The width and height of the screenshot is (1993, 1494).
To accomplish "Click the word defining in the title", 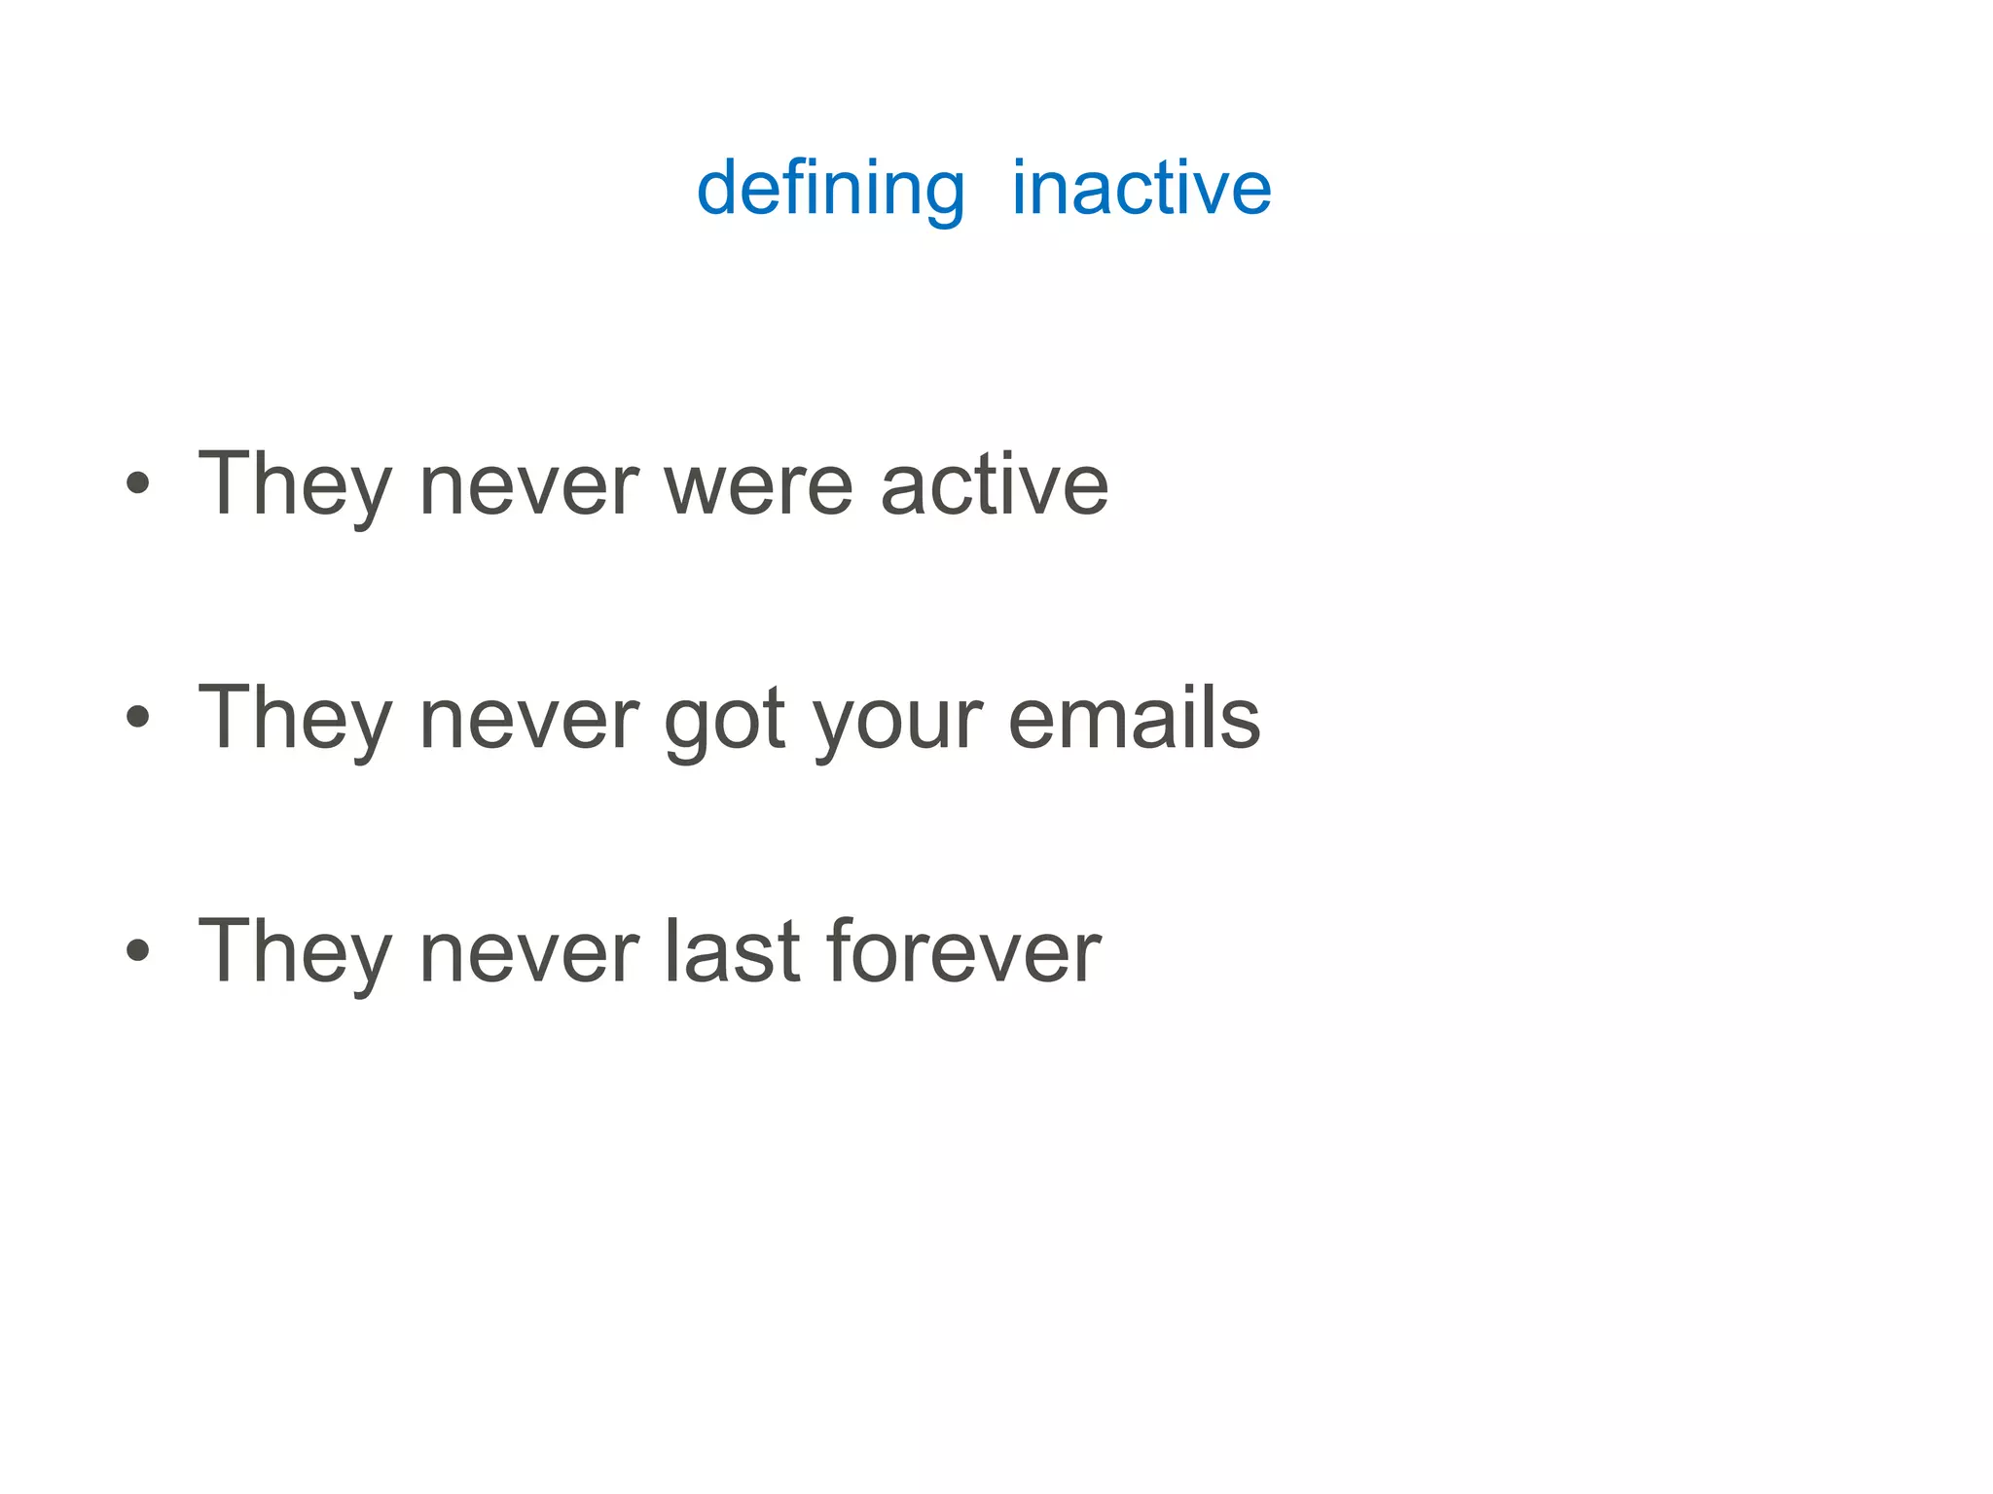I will (x=830, y=189).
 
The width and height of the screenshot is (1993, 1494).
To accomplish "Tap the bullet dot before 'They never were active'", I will (x=138, y=482).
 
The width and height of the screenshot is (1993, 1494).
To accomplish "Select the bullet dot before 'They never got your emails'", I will (x=138, y=717).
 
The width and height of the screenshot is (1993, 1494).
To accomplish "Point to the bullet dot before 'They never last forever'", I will (x=138, y=949).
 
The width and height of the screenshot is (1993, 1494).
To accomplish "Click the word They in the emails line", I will (x=295, y=720).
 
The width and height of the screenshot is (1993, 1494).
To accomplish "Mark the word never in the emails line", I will (x=528, y=720).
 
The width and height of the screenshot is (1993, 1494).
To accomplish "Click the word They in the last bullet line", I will (x=295, y=953).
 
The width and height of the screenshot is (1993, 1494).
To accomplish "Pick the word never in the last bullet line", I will (x=528, y=953).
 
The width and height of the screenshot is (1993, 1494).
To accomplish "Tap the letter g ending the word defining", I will (x=942, y=195).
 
